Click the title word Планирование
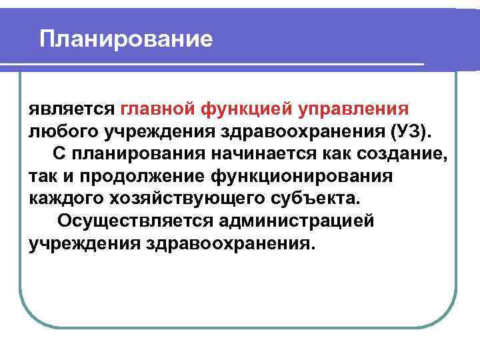point(126,39)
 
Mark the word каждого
point(64,199)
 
